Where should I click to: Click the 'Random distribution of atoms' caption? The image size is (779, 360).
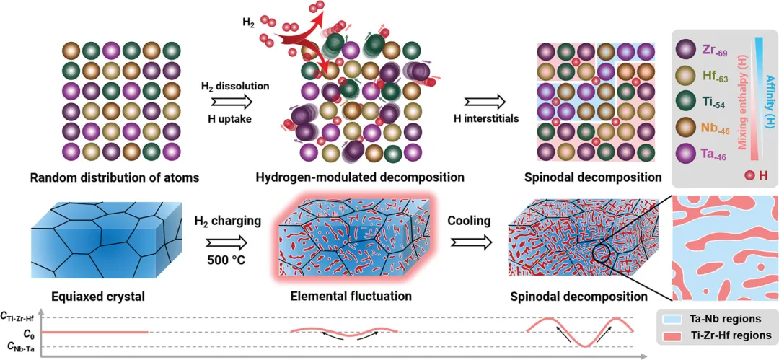pyautogui.click(x=105, y=177)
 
